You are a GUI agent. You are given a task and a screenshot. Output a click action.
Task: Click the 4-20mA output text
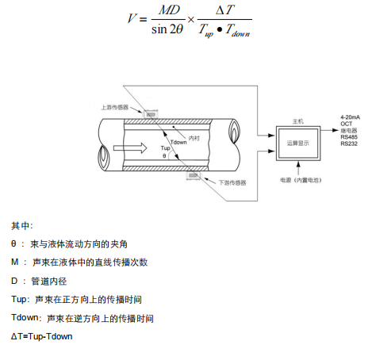click(x=351, y=117)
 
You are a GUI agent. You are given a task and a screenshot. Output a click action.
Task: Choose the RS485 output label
click(x=348, y=137)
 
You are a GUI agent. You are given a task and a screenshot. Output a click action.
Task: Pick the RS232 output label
click(x=348, y=144)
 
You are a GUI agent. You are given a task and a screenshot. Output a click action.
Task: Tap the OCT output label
click(x=346, y=124)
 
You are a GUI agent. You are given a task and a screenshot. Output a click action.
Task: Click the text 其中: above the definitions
click(x=22, y=226)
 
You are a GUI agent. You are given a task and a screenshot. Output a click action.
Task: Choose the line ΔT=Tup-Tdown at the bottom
click(x=42, y=336)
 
